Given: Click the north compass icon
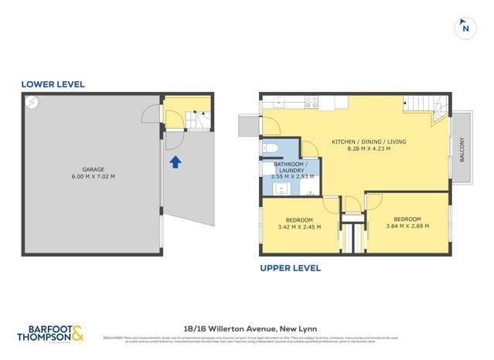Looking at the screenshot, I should click(465, 27).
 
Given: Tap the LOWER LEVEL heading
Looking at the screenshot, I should click(53, 84).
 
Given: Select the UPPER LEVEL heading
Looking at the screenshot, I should click(290, 268).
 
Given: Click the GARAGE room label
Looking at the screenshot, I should click(93, 169).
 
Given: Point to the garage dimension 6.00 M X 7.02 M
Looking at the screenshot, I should click(93, 177).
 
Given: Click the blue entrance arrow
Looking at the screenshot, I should click(175, 161).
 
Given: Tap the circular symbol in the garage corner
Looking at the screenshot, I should click(32, 101).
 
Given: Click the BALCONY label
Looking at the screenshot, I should click(462, 149).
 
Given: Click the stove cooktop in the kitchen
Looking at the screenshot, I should click(311, 101).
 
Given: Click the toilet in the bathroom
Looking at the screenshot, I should click(270, 148).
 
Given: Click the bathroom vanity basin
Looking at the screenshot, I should click(281, 188).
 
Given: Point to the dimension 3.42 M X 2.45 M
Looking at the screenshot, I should click(298, 227).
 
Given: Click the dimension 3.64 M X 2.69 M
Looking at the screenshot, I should click(407, 226).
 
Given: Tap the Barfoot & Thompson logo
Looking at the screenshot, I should click(49, 334).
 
